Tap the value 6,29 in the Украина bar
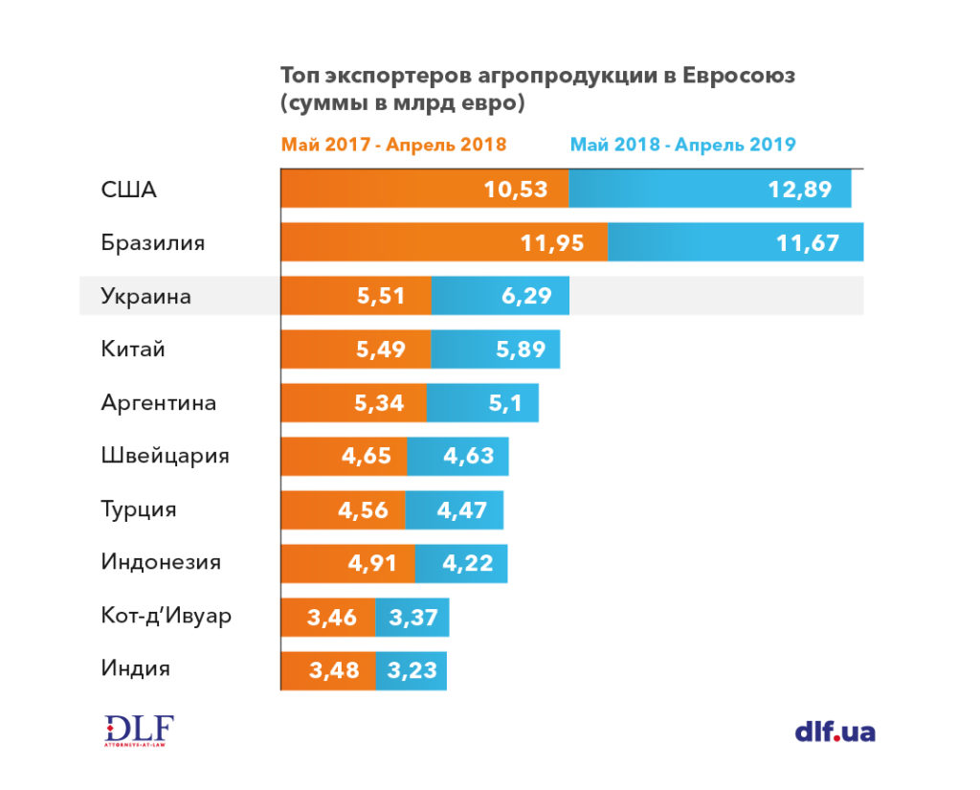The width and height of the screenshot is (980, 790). coord(526,296)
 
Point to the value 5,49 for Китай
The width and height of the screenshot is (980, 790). coord(381,350)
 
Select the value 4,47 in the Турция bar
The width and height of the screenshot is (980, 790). coord(462,510)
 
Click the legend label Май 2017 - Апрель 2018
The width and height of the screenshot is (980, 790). coord(393,145)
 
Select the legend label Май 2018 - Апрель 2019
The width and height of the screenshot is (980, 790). coord(683,145)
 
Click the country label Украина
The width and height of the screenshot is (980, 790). coord(145,296)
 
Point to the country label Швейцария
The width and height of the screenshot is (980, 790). coord(165,456)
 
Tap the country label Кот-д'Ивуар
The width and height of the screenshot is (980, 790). coord(166,616)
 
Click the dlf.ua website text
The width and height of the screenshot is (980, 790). coord(835,733)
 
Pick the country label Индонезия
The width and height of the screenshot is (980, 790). coord(161,563)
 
